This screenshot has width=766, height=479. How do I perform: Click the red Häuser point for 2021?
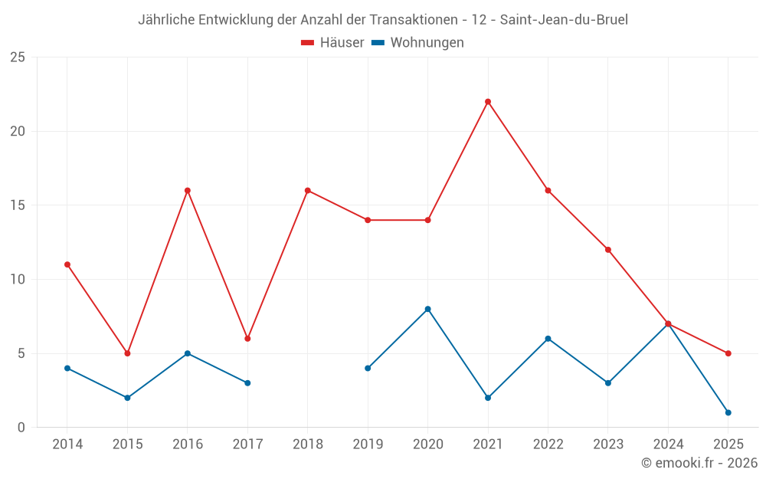pyautogui.click(x=488, y=102)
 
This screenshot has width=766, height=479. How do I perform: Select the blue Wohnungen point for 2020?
pyautogui.click(x=427, y=309)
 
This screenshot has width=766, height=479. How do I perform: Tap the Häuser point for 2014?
pyautogui.click(x=67, y=264)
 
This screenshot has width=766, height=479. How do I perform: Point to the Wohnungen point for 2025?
pyautogui.click(x=728, y=412)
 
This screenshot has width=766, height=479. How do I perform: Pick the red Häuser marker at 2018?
pyautogui.click(x=308, y=190)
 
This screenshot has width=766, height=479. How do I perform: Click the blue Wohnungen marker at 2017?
pyautogui.click(x=247, y=382)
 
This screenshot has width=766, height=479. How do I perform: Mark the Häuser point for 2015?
pyautogui.click(x=127, y=353)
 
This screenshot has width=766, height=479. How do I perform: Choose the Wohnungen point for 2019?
pyautogui.click(x=368, y=368)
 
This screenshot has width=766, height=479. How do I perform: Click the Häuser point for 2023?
pyautogui.click(x=608, y=250)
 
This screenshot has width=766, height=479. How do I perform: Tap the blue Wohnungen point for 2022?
pyautogui.click(x=548, y=339)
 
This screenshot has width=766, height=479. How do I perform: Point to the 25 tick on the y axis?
pyautogui.click(x=18, y=57)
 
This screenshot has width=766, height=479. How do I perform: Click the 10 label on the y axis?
pyautogui.click(x=18, y=280)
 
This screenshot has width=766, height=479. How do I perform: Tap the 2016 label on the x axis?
pyautogui.click(x=188, y=445)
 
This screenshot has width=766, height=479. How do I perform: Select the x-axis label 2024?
pyautogui.click(x=668, y=445)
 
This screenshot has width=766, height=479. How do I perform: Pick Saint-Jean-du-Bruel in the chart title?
pyautogui.click(x=564, y=20)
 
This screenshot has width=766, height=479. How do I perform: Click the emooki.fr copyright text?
pyautogui.click(x=699, y=463)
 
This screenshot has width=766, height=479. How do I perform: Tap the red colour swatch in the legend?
pyautogui.click(x=308, y=43)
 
